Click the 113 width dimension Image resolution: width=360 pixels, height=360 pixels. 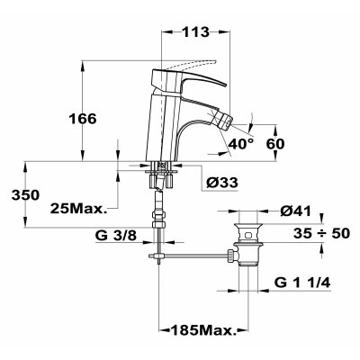(x=195, y=31)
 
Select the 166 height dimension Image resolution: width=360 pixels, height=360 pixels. (x=83, y=119)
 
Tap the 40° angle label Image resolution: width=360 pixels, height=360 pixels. (x=240, y=144)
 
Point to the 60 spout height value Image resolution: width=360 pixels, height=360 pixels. (x=275, y=144)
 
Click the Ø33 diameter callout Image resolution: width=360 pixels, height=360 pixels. (x=222, y=182)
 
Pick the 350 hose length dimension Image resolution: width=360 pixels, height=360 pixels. (x=25, y=195)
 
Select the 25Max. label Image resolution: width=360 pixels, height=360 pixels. (x=79, y=208)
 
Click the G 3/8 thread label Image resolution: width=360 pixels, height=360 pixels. (x=116, y=236)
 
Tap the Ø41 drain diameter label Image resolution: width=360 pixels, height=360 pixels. (x=295, y=211)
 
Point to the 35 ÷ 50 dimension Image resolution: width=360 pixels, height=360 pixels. (x=321, y=233)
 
